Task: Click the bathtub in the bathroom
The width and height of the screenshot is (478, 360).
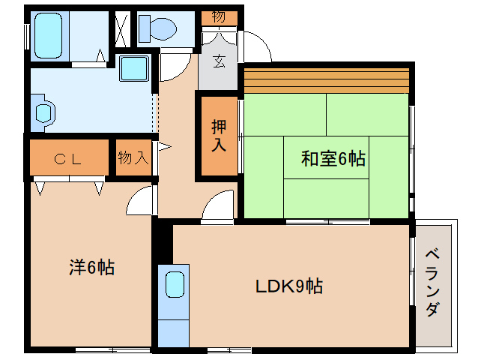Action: click(x=49, y=35)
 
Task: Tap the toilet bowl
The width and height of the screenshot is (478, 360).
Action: click(x=163, y=28)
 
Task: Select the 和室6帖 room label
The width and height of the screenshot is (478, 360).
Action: click(x=333, y=158)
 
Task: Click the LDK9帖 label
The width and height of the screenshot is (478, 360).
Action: click(x=289, y=286)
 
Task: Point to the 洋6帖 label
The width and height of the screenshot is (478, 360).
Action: click(x=91, y=267)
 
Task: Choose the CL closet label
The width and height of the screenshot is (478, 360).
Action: click(x=67, y=159)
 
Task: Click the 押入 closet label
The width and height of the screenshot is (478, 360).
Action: click(x=219, y=136)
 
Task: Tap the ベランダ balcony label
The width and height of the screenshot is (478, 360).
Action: click(x=433, y=283)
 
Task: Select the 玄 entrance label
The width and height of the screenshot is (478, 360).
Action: click(x=219, y=61)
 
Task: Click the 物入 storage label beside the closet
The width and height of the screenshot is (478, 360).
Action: click(x=133, y=157)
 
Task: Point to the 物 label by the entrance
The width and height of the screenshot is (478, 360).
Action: click(x=219, y=16)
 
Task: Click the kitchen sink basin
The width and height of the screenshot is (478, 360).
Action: click(x=175, y=284)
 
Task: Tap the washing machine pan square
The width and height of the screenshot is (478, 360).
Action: click(x=134, y=68)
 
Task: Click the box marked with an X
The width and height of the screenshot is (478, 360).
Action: click(x=123, y=29)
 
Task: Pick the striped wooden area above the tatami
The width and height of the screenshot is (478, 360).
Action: click(x=326, y=80)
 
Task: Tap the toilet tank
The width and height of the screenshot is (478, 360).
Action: click(x=144, y=28)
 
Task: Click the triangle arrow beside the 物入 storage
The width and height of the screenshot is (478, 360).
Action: click(x=164, y=147)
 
